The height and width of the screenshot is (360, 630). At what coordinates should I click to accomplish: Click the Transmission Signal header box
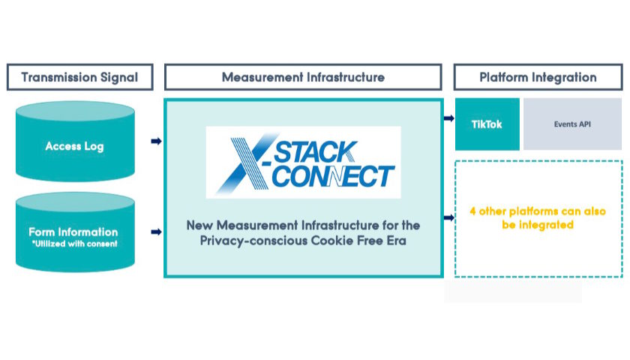pyautogui.click(x=79, y=77)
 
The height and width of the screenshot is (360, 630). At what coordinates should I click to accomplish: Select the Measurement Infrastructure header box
pyautogui.click(x=303, y=77)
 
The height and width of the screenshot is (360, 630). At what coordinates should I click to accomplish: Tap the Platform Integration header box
pyautogui.click(x=538, y=77)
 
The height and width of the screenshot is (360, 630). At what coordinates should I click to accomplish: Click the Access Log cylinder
pyautogui.click(x=74, y=143)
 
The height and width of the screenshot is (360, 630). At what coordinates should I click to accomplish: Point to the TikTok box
pyautogui.click(x=487, y=124)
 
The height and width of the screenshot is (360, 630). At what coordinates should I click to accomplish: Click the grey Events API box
pyautogui.click(x=572, y=124)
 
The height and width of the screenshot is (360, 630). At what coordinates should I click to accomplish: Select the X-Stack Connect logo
pyautogui.click(x=304, y=162)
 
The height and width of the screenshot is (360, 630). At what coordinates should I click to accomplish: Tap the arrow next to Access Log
pyautogui.click(x=156, y=140)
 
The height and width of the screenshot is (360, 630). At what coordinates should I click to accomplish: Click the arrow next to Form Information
pyautogui.click(x=156, y=233)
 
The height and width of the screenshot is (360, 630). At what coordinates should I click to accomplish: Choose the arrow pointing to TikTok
pyautogui.click(x=448, y=118)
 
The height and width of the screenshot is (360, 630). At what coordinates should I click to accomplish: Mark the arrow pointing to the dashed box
pyautogui.click(x=448, y=218)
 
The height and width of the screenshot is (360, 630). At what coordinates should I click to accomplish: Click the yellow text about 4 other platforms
pyautogui.click(x=537, y=218)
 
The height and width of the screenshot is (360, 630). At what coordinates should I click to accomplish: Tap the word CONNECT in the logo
pyautogui.click(x=330, y=177)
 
